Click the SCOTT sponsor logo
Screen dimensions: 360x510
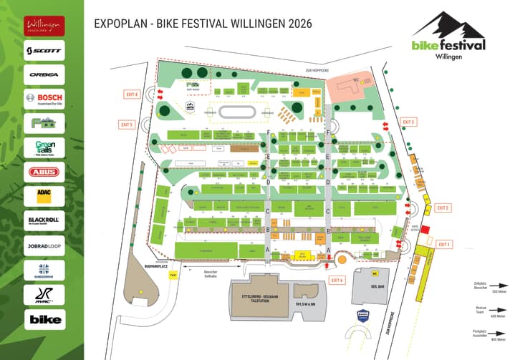coord(44,50)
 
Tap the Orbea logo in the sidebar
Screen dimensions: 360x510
coord(44,74)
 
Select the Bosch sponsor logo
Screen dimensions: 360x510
coord(44,99)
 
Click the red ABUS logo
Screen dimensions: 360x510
coord(44,172)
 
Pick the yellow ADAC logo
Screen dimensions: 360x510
coord(44,195)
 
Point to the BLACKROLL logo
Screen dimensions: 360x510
coord(44,220)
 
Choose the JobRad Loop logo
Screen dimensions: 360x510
coord(44,244)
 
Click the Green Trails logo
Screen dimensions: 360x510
coord(44,147)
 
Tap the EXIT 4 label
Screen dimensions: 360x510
coord(131,94)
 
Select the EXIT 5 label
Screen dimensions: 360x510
coord(127,125)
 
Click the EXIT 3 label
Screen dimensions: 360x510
coord(409,122)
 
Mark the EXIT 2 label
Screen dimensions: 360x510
coord(443,208)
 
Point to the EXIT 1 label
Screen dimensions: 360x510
coord(445,244)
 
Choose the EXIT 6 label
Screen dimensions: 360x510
coord(337,280)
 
